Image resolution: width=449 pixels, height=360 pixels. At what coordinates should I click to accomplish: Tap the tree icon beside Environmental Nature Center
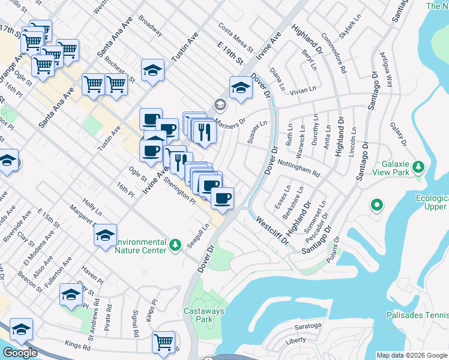click(175, 245)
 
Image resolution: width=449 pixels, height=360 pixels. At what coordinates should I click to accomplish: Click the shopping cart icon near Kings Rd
click(163, 341)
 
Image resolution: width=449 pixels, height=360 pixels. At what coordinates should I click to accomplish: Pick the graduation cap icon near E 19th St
click(241, 87)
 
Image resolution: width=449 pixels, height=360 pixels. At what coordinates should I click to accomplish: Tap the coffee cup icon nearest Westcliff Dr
click(222, 198)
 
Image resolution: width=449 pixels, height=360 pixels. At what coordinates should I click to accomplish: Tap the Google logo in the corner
click(20, 353)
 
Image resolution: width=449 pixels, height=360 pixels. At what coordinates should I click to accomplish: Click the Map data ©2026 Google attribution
click(412, 355)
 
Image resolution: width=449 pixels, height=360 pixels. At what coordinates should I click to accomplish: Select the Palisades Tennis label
click(421, 315)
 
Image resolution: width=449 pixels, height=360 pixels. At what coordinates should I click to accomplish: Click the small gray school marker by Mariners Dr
click(220, 105)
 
